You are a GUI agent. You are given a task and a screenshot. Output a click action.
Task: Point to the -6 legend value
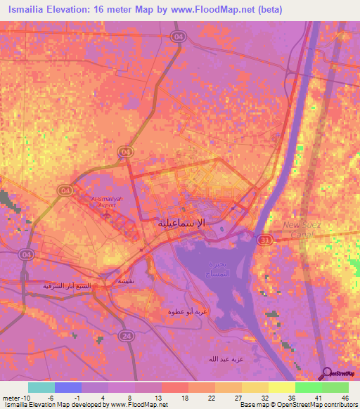[x=51, y=398]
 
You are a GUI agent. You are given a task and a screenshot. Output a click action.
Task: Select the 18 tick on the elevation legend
[x=184, y=398]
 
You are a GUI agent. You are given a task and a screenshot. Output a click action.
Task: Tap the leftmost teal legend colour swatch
[x=41, y=387]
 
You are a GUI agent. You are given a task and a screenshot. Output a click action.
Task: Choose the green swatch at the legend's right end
[x=335, y=387]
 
